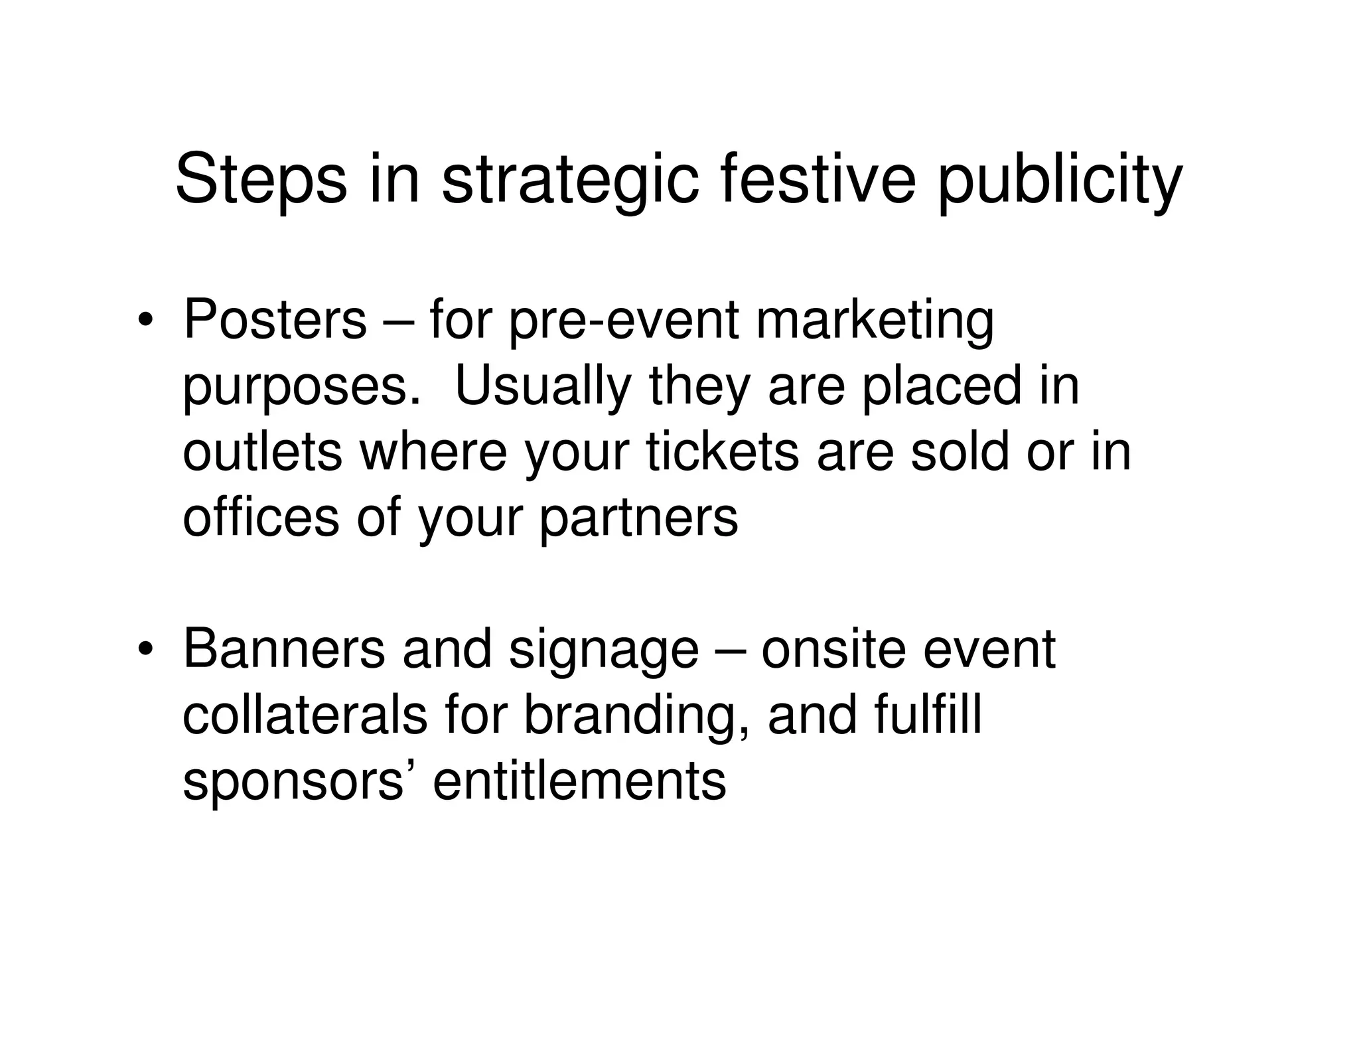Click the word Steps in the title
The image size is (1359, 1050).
(x=261, y=181)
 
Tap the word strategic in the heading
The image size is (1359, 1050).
(x=570, y=181)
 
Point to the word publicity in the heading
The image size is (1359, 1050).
(x=1060, y=181)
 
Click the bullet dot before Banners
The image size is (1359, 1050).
(x=145, y=650)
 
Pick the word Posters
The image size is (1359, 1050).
(x=275, y=320)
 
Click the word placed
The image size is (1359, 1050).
(x=942, y=386)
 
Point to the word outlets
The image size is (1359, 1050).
(x=262, y=452)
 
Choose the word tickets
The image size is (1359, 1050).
(x=723, y=452)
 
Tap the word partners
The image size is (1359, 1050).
(x=638, y=519)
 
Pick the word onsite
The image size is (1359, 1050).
(x=833, y=649)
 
